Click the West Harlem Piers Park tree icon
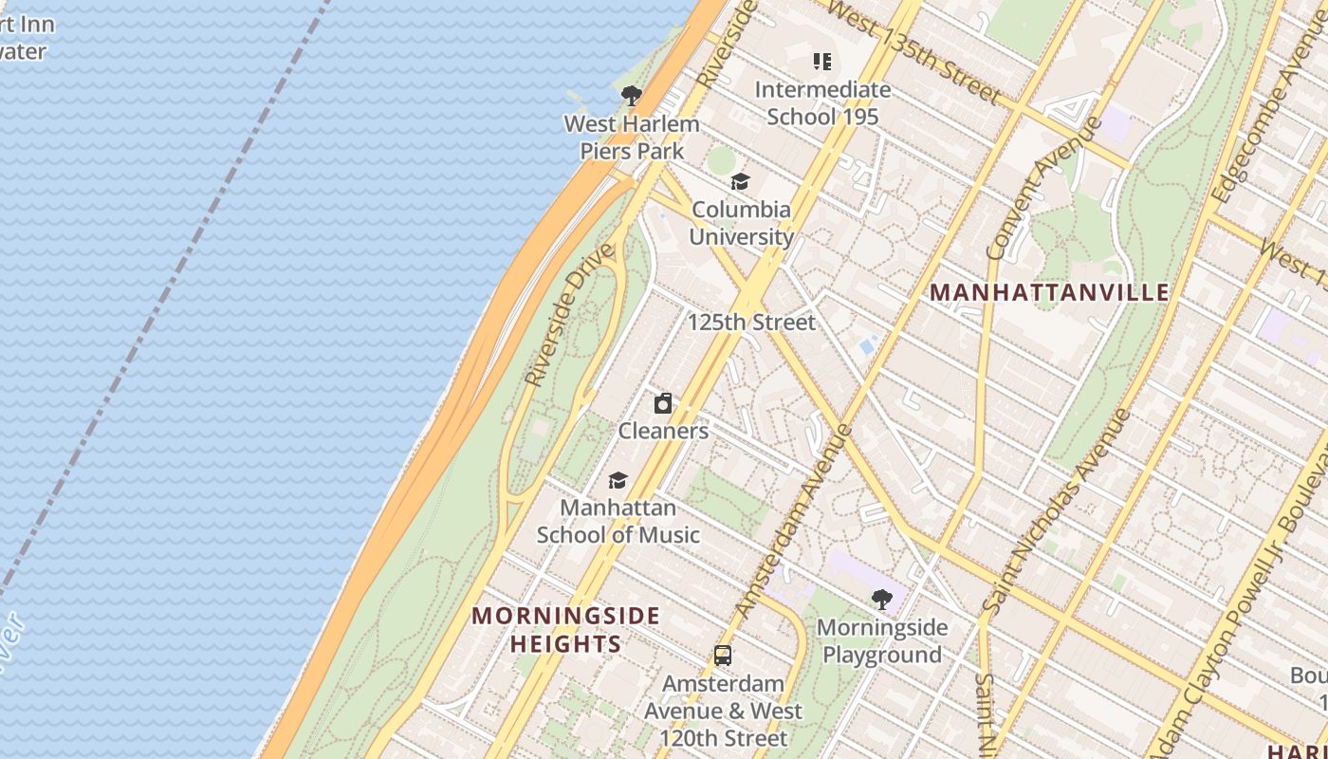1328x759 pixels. tap(631, 96)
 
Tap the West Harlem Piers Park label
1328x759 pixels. tap(632, 138)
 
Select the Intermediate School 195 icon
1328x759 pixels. tap(822, 63)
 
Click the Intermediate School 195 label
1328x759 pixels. tap(822, 103)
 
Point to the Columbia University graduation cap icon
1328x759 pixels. tap(740, 182)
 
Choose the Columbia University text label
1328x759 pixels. tap(741, 223)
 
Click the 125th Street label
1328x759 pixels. tap(751, 323)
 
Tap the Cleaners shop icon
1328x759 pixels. tap(663, 404)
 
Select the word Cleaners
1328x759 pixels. tap(663, 431)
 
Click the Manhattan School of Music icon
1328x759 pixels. tap(618, 481)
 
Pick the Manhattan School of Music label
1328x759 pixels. tap(618, 522)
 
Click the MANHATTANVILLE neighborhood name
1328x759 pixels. tap(1050, 292)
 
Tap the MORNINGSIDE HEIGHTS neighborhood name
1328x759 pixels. tap(566, 630)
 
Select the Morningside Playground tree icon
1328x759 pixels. tap(881, 600)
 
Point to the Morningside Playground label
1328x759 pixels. tap(881, 641)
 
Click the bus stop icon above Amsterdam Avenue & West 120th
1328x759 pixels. tap(723, 656)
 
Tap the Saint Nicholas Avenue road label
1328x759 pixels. tap(1055, 512)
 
